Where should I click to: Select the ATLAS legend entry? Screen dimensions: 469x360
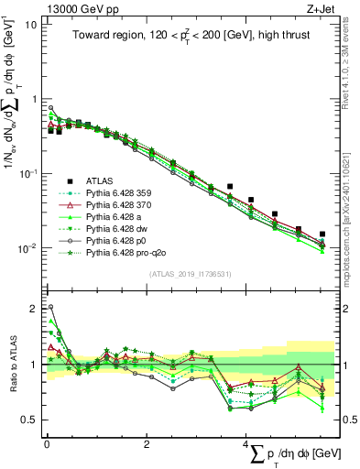(x=101, y=180)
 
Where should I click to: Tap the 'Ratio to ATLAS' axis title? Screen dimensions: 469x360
(x=11, y=364)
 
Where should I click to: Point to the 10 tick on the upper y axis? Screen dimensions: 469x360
(x=31, y=24)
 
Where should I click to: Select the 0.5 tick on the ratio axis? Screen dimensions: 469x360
(x=29, y=420)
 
